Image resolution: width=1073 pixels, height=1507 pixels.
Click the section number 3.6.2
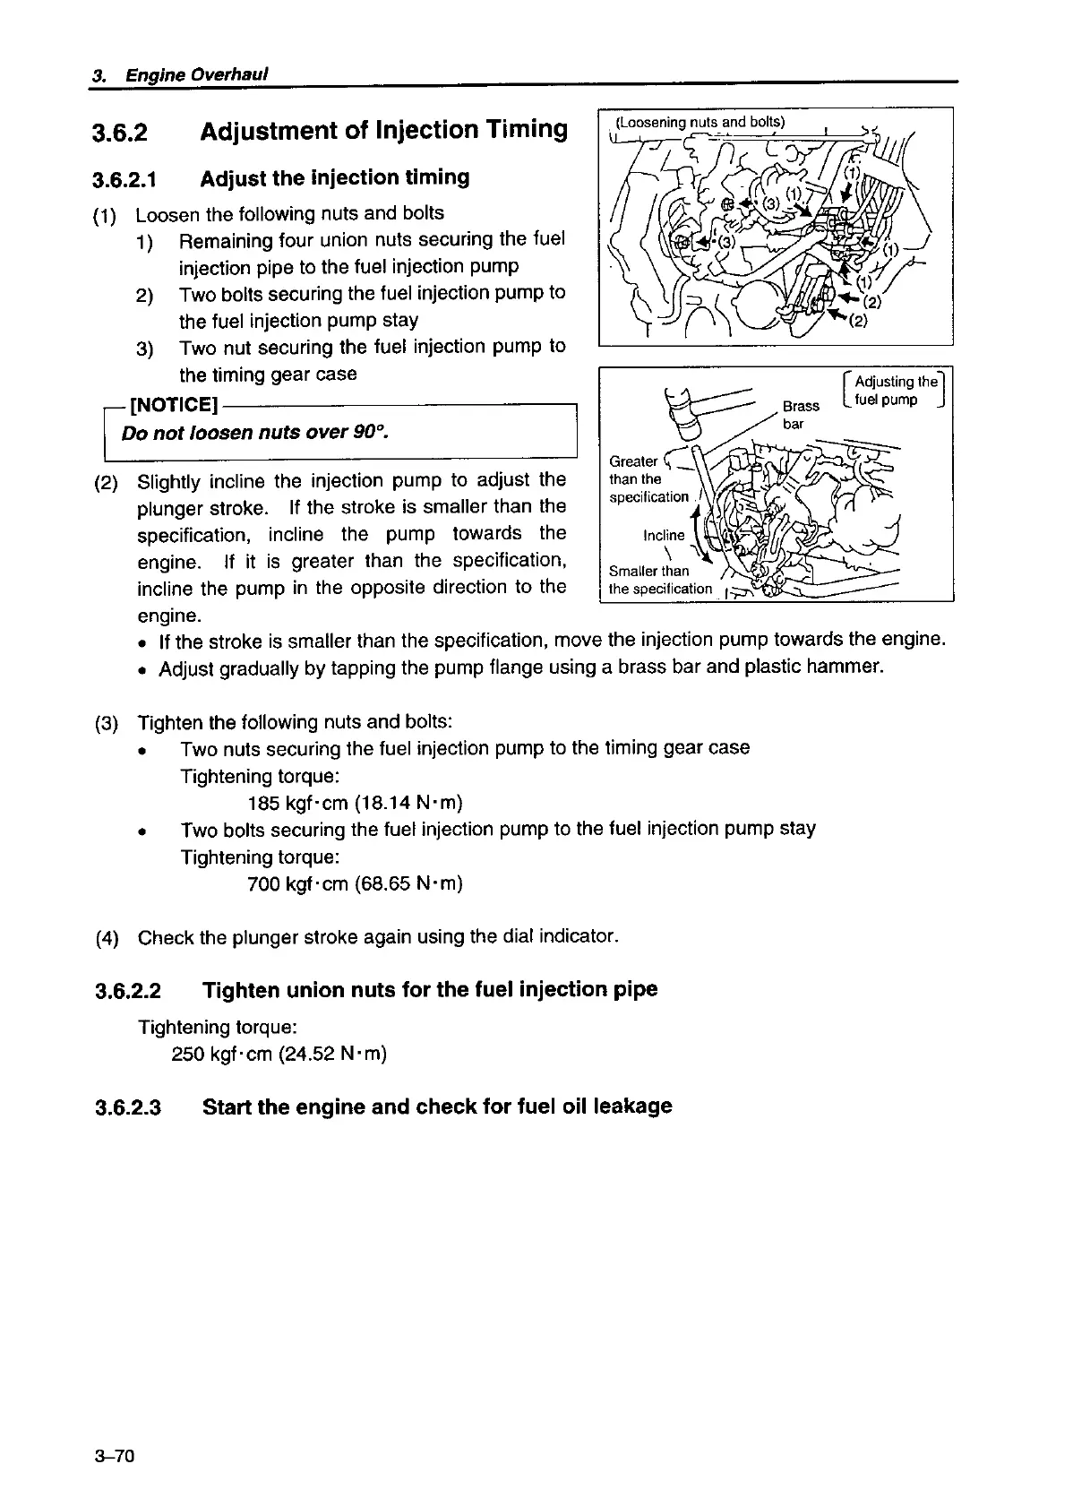click(x=119, y=133)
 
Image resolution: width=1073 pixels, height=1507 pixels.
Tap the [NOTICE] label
click(x=174, y=406)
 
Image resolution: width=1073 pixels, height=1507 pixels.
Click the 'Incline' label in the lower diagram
click(x=664, y=535)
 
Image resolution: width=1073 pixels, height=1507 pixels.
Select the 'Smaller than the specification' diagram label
click(x=658, y=580)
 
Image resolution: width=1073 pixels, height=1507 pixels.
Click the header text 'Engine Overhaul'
click(x=196, y=74)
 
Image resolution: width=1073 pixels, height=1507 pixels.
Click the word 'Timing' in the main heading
click(x=524, y=130)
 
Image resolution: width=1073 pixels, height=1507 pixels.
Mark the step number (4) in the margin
click(x=107, y=938)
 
